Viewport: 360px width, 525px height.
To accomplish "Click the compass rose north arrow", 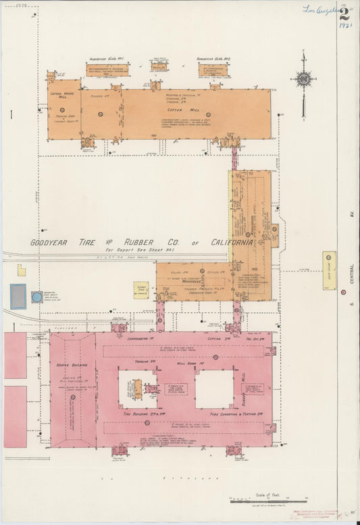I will tap(303, 79).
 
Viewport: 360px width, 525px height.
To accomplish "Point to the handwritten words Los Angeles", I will tap(319, 9).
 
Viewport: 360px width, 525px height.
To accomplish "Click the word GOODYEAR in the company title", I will tap(57, 243).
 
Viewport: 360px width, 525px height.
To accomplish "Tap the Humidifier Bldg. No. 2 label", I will tap(214, 59).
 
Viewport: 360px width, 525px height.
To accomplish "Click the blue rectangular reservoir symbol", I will tap(18, 297).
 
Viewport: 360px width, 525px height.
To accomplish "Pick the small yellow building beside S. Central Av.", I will tap(329, 270).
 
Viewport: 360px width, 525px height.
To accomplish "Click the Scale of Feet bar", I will tap(260, 501).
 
